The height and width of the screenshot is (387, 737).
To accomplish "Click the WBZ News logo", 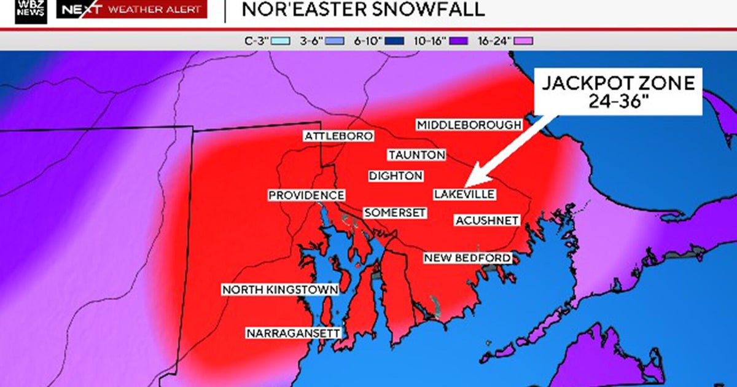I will click(x=31, y=11).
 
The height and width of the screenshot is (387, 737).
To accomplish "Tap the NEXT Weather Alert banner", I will click(x=131, y=9).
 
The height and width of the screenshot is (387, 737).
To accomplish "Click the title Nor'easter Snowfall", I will click(x=363, y=9).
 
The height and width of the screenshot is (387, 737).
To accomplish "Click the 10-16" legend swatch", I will click(x=459, y=41).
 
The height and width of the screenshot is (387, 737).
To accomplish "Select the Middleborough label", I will click(x=469, y=125).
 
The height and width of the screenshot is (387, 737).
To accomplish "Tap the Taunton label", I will click(x=416, y=155).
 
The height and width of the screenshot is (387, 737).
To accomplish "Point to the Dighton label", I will click(x=396, y=176).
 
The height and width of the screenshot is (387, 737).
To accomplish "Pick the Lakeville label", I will click(x=464, y=195).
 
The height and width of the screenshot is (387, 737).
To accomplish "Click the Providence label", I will click(x=306, y=195).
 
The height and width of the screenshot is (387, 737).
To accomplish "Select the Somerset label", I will click(x=395, y=213).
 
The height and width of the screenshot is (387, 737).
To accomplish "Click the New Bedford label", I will click(x=467, y=258).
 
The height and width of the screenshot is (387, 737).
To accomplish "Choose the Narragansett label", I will click(x=294, y=333).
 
